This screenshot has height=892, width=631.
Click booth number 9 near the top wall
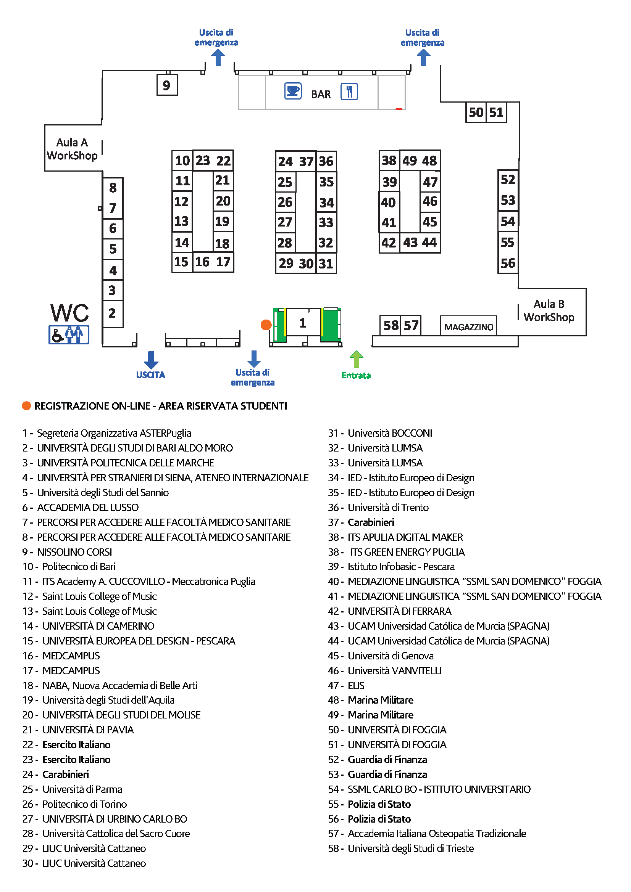(167, 85)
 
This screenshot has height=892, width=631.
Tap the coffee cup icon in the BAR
(293, 91)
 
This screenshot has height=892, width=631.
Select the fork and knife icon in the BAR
(349, 92)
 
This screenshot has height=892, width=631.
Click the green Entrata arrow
(356, 359)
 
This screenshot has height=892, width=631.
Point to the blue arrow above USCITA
(151, 360)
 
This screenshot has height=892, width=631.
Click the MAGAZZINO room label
(469, 327)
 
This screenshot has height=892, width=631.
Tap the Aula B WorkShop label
(549, 310)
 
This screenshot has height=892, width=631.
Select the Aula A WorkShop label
(72, 149)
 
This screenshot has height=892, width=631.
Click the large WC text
(69, 313)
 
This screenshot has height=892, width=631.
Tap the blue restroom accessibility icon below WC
(69, 334)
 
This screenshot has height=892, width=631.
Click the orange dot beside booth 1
(266, 325)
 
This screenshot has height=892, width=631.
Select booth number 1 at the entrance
(303, 323)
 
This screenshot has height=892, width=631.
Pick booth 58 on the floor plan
(391, 325)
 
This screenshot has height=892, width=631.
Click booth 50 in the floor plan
(476, 113)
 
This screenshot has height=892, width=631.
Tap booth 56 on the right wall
(508, 264)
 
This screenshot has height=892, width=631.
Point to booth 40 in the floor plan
(389, 203)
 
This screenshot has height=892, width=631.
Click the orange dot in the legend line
(26, 406)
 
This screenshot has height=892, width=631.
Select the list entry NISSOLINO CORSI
(74, 552)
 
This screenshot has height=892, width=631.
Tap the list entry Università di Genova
(391, 656)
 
